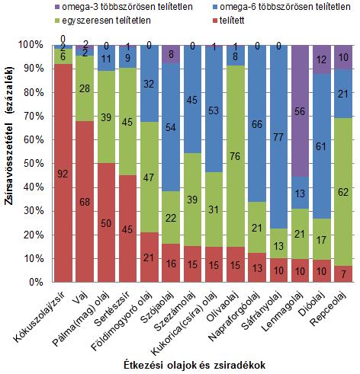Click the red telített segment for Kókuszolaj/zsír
[x=63, y=173]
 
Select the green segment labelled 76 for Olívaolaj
[x=235, y=156]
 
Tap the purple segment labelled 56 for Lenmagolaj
[x=300, y=111]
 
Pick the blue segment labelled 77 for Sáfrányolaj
[x=278, y=137]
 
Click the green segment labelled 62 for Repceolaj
[x=343, y=192]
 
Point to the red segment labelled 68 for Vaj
[x=85, y=202]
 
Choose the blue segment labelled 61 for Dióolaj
[x=322, y=146]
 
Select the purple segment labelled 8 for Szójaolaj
[x=171, y=55]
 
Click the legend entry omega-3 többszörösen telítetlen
[x=124, y=7]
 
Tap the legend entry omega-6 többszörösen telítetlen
[x=281, y=7]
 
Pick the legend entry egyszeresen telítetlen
[x=103, y=21]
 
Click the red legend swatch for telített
[x=215, y=21]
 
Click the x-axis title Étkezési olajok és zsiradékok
[x=194, y=365]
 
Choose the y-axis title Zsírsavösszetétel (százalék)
[x=10, y=136]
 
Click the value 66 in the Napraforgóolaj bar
[x=257, y=124]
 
